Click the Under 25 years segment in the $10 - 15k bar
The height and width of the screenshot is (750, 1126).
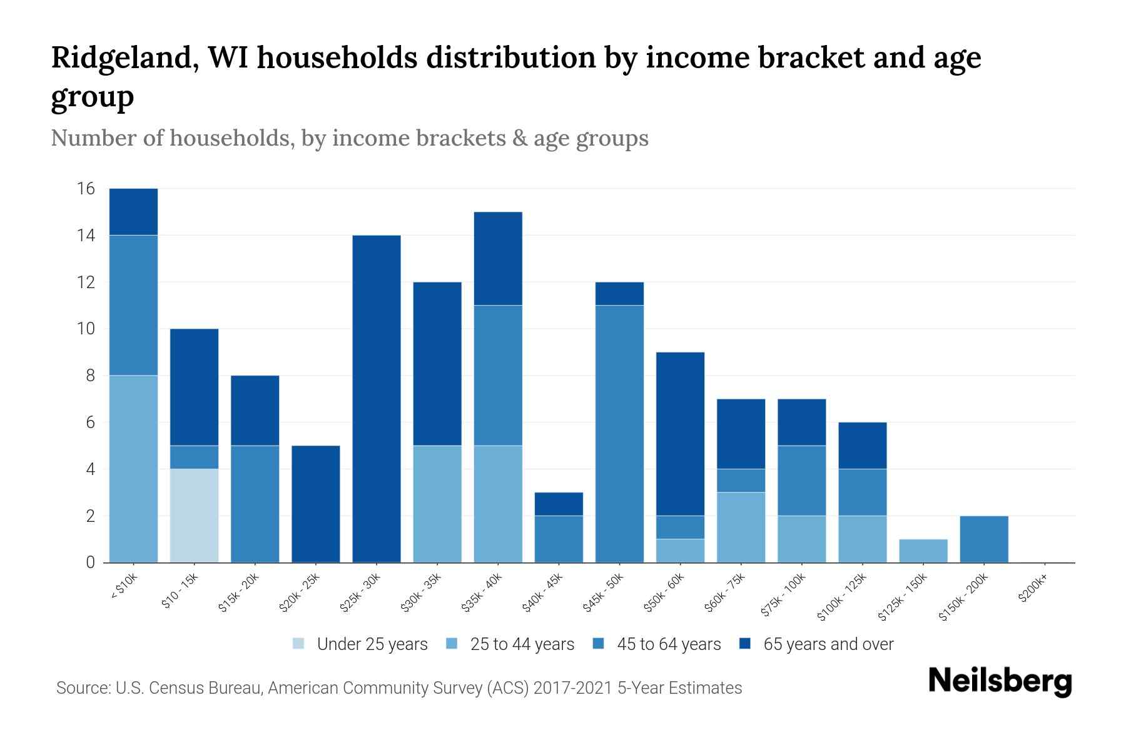[x=194, y=516]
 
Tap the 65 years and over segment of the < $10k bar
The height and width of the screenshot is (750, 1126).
[x=133, y=212]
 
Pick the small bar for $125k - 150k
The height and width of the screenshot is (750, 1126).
[x=923, y=551]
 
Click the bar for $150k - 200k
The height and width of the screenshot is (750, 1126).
[x=984, y=539]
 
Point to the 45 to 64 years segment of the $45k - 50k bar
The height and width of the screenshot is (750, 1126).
[x=619, y=434]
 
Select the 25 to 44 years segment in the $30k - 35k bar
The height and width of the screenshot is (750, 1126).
[x=437, y=504]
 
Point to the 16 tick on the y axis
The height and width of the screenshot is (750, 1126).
[x=86, y=189]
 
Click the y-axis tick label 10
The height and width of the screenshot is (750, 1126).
[x=86, y=329]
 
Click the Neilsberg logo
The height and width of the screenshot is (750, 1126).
[x=1000, y=681]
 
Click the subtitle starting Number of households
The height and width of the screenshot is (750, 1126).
[x=349, y=138]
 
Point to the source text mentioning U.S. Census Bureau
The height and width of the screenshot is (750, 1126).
[x=398, y=688]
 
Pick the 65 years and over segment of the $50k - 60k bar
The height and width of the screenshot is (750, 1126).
[x=680, y=434]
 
